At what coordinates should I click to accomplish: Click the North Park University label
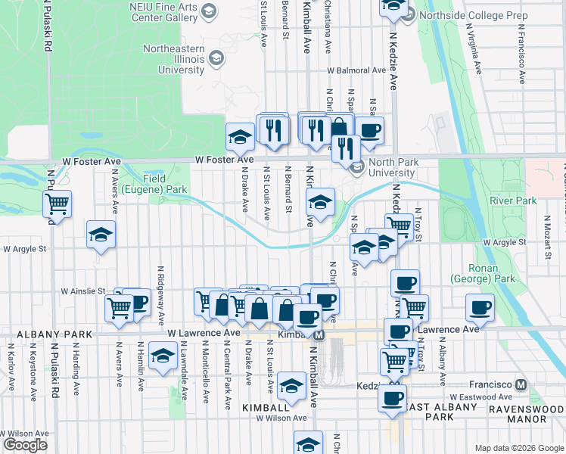[x=391, y=166]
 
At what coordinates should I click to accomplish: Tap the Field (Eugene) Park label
[x=165, y=184]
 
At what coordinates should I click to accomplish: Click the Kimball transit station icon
[x=319, y=334]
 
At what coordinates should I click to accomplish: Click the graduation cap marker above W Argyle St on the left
[x=101, y=235]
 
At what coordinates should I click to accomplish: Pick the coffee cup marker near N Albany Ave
[x=480, y=308]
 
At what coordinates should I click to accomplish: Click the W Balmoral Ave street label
[x=356, y=70]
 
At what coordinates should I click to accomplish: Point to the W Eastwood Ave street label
[x=480, y=396]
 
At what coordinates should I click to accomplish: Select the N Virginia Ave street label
[x=471, y=53]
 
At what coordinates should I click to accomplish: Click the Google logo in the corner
[x=25, y=445]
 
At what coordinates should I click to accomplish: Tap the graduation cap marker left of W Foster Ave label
[x=241, y=137]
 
